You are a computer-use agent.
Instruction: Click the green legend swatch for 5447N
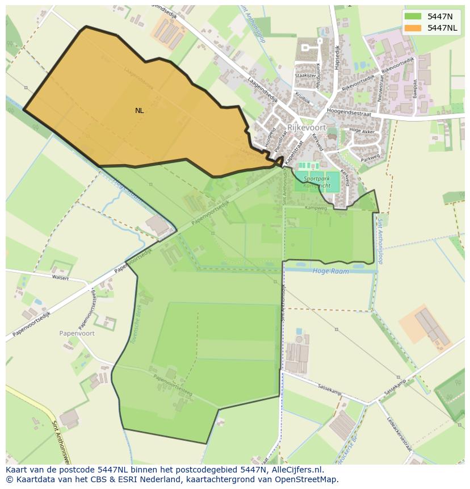click(x=413, y=16)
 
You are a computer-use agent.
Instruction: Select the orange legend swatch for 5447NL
click(x=413, y=28)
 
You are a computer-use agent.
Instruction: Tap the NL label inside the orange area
click(x=139, y=111)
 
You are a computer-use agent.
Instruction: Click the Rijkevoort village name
click(x=307, y=128)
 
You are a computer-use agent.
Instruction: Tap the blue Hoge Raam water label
click(x=330, y=271)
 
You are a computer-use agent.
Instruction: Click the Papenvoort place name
click(x=77, y=333)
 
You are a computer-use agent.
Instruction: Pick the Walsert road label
click(x=60, y=278)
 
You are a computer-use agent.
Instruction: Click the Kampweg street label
click(x=316, y=208)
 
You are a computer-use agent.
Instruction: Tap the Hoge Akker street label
click(x=362, y=131)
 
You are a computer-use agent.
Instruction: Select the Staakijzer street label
click(x=305, y=74)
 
